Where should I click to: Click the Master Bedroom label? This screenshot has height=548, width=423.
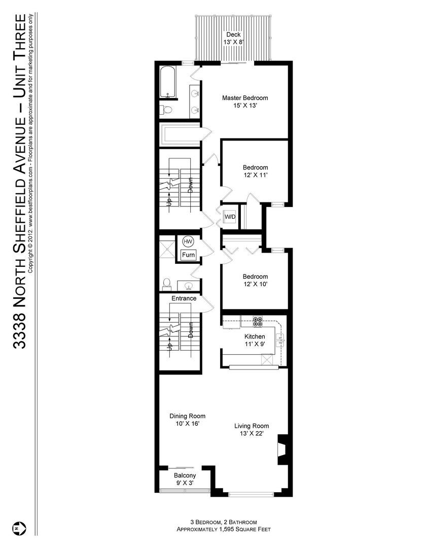click(x=244, y=98)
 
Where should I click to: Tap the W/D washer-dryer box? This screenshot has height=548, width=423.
click(x=230, y=217)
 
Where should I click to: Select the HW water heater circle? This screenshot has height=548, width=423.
click(x=188, y=242)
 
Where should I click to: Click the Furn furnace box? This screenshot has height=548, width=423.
click(x=188, y=255)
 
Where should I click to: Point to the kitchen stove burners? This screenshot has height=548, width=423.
click(x=258, y=321)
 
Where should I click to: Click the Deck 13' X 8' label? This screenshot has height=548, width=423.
click(x=234, y=38)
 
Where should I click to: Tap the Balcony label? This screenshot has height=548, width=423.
click(x=185, y=475)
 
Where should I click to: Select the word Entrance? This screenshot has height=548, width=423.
click(x=184, y=298)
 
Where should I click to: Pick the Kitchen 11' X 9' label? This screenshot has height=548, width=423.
click(x=255, y=340)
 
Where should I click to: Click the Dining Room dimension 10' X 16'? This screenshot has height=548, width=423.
click(x=187, y=424)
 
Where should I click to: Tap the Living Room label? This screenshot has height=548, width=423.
click(x=251, y=426)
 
